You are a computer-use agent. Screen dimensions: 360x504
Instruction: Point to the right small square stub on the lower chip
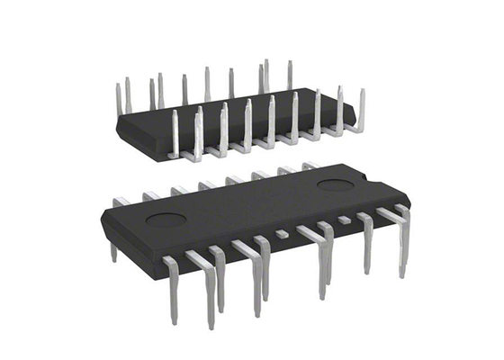(343, 220)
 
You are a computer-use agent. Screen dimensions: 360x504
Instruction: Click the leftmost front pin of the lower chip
(171, 288)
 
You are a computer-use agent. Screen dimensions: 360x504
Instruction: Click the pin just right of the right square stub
(367, 238)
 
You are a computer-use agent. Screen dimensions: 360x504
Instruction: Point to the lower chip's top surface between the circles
(252, 202)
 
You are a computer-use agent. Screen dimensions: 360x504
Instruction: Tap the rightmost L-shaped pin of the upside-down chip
(360, 112)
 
